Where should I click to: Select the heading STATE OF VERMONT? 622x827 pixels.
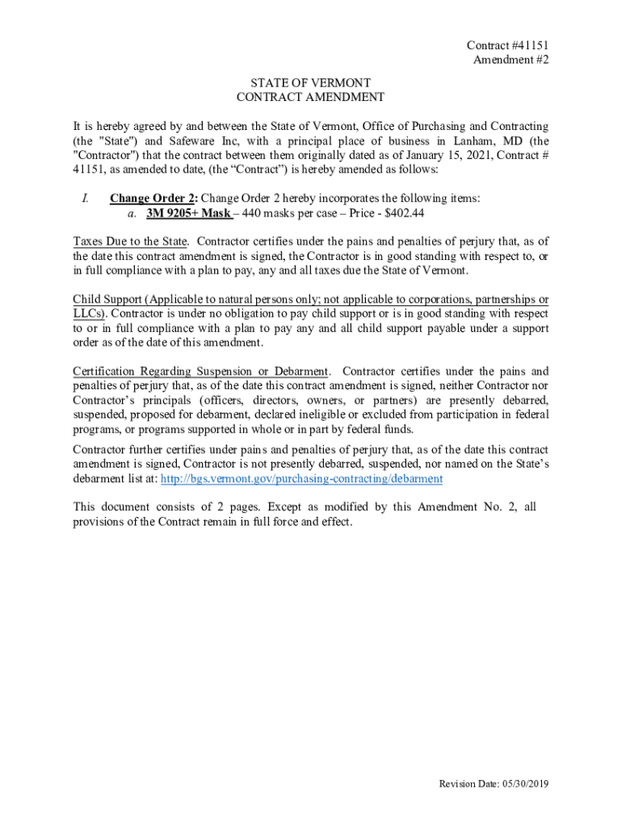pyautogui.click(x=310, y=83)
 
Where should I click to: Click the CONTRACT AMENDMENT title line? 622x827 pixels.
pyautogui.click(x=310, y=98)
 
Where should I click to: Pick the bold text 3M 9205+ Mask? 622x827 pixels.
pyautogui.click(x=188, y=213)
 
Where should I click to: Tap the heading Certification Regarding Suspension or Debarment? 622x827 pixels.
pyautogui.click(x=200, y=372)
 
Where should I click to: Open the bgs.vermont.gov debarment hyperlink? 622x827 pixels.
pyautogui.click(x=301, y=478)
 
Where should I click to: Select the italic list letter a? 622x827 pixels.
pyautogui.click(x=132, y=213)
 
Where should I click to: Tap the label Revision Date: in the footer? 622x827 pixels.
pyautogui.click(x=465, y=784)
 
